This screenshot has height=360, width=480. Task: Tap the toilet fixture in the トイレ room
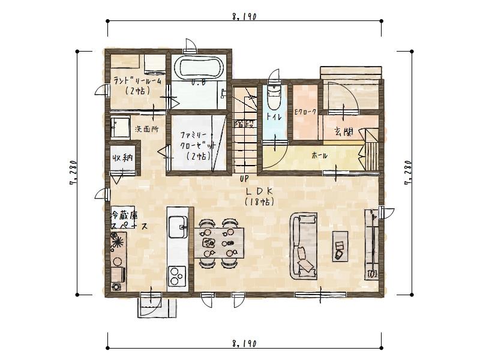coord(274,95)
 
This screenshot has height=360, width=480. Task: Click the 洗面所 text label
coord(146,128)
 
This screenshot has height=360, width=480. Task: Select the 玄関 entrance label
coord(343,131)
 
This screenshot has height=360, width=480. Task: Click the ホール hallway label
coord(319,155)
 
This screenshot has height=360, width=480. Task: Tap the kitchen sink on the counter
coord(178,226)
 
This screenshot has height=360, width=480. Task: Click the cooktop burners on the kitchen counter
coord(177,276)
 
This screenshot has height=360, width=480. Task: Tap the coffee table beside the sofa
coord(340,245)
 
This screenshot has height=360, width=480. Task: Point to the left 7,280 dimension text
coord(72,174)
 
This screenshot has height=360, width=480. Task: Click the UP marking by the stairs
coord(244,179)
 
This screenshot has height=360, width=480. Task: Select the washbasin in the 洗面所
coord(121,127)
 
